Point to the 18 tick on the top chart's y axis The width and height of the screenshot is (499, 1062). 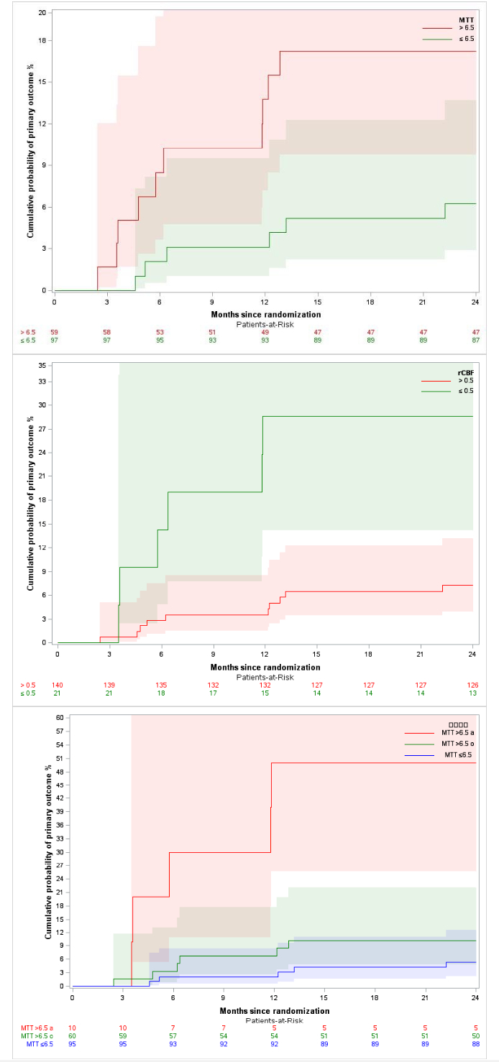click(43, 40)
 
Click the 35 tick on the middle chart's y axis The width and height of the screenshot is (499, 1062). click(43, 366)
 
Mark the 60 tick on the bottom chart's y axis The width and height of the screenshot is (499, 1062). click(60, 718)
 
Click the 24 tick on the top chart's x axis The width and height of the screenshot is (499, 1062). click(475, 303)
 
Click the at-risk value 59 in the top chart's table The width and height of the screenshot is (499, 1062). click(54, 333)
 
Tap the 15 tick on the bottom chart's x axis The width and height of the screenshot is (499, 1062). click(324, 999)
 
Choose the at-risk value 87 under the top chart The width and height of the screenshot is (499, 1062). click(475, 341)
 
